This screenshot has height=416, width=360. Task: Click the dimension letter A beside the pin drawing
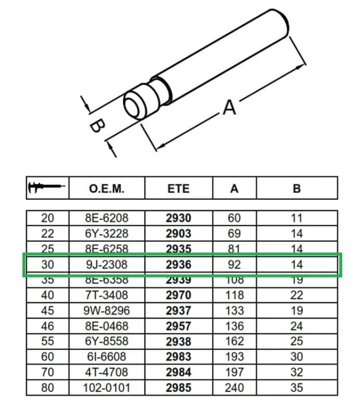[x=229, y=106]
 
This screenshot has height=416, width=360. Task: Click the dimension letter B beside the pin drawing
[x=96, y=126]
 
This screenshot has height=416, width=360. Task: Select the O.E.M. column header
[x=107, y=188]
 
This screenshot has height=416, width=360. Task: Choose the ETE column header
[x=178, y=188]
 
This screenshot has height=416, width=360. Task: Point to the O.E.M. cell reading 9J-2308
[x=107, y=265]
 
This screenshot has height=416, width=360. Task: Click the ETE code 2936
[x=178, y=265]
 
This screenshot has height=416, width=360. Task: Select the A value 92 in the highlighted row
[x=234, y=265]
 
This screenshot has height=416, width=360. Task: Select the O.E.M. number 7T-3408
[x=107, y=296]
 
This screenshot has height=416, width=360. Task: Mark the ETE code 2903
[x=178, y=234]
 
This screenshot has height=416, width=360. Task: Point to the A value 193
[x=234, y=357]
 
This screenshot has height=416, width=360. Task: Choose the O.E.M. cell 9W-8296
[x=107, y=311]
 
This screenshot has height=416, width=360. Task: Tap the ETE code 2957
[x=178, y=326]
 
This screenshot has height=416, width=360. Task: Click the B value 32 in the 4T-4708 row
[x=296, y=372]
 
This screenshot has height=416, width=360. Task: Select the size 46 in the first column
[x=48, y=326]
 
